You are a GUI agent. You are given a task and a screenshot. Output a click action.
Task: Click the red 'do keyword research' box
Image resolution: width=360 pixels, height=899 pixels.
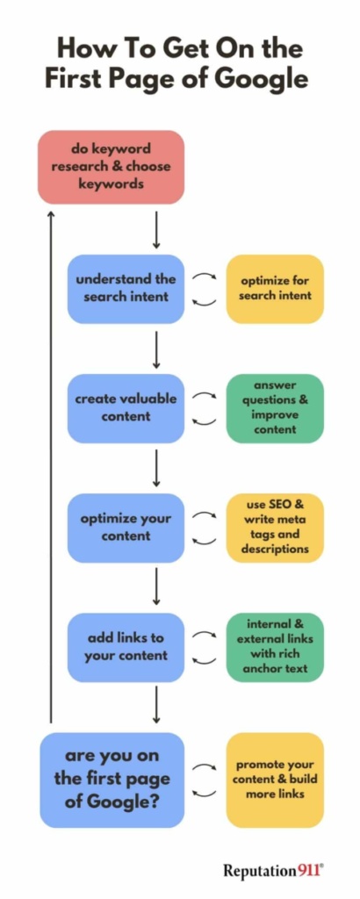[112, 167]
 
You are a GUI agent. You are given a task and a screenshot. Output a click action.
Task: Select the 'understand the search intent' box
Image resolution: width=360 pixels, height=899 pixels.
[126, 289]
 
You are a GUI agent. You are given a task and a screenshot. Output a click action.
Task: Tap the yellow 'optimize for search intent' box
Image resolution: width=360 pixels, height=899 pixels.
[275, 289]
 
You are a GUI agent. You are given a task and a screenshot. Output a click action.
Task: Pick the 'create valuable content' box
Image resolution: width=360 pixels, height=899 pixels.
[126, 408]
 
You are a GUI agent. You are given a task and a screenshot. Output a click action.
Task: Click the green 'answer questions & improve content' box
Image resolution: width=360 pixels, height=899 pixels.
[275, 408]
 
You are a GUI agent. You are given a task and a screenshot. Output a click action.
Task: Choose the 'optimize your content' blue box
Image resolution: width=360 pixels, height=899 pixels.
[126, 528]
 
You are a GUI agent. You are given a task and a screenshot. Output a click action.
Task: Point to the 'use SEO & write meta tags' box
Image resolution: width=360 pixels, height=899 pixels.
[275, 528]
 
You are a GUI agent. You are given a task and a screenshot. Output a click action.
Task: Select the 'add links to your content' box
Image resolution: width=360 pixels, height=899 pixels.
[126, 647]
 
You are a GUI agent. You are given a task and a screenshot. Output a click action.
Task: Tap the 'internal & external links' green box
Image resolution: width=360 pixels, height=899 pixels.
[275, 647]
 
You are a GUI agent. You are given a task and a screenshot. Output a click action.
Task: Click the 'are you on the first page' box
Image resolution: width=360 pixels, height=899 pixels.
[112, 780]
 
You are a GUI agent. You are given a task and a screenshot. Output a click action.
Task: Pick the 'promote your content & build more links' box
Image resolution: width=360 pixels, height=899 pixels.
[275, 780]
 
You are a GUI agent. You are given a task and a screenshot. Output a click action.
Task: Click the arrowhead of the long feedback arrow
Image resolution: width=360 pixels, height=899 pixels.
[51, 213]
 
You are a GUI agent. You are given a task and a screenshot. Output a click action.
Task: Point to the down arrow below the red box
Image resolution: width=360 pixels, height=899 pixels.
[156, 229]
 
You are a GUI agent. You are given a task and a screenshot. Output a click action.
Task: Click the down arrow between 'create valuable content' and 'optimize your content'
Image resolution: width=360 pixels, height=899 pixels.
[156, 468]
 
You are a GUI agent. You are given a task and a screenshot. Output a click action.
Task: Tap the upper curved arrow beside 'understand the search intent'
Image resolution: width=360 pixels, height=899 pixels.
[205, 275]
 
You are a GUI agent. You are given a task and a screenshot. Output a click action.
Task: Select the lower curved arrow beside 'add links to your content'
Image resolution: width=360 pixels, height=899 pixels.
[205, 662]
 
